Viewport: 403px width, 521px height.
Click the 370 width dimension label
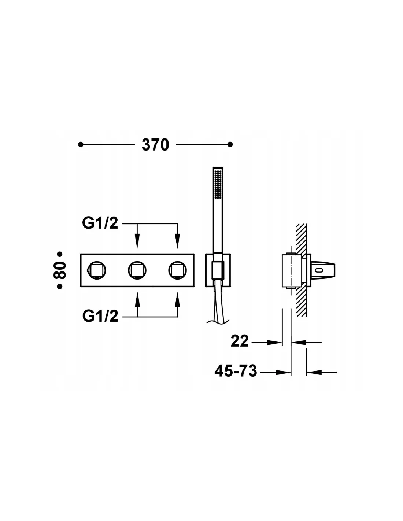pyautogui.click(x=155, y=145)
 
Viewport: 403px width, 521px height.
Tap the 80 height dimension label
pyautogui.click(x=60, y=270)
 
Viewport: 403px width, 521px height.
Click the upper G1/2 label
pyautogui.click(x=100, y=223)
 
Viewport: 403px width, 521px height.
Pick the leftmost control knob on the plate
pyautogui.click(x=97, y=270)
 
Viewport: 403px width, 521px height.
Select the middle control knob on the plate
pyautogui.click(x=137, y=270)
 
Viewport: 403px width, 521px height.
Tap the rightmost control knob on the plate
pyautogui.click(x=177, y=270)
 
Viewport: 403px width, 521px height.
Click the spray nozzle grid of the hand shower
pyautogui.click(x=218, y=184)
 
